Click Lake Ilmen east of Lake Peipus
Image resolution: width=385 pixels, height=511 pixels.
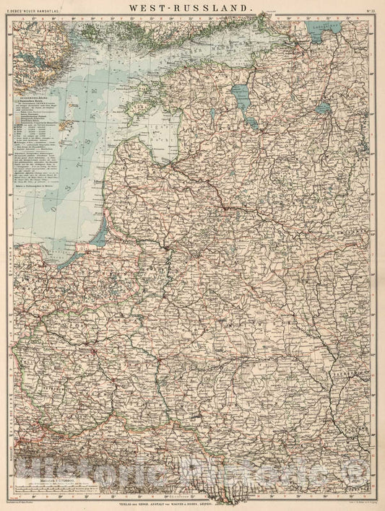(322, 108)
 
